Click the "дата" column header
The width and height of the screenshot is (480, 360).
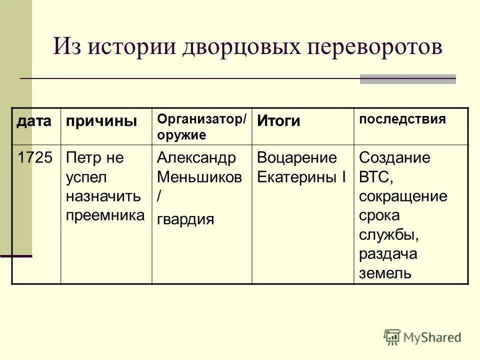(x=35, y=120)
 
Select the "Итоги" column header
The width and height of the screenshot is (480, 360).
(x=279, y=120)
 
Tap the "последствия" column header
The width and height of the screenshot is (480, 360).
(x=402, y=119)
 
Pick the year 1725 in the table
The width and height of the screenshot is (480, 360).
(x=35, y=158)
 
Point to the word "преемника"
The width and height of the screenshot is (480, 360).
(x=105, y=215)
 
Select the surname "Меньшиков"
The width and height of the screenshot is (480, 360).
(x=199, y=177)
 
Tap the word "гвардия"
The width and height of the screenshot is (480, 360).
(x=185, y=219)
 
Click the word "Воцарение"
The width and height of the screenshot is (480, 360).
(x=297, y=158)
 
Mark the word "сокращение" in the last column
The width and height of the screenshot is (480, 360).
(x=403, y=196)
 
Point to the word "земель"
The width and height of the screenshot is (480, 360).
(x=385, y=272)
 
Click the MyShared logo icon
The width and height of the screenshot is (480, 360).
(x=392, y=336)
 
